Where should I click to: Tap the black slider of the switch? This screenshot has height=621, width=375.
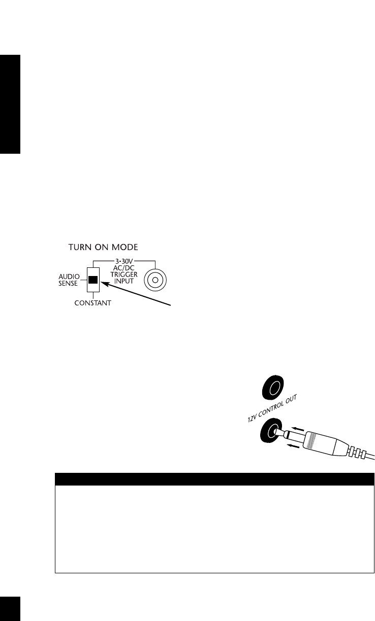93,280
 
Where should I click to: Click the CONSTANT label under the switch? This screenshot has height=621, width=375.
92,302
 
